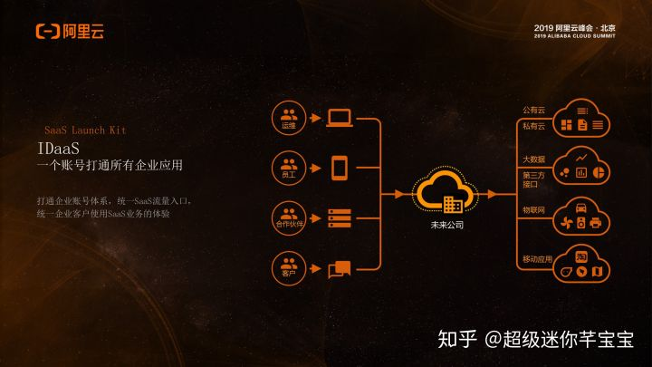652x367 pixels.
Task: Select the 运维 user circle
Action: (289, 119)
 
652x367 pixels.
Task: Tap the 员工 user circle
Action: (289, 168)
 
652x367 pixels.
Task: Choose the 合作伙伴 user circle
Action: (289, 218)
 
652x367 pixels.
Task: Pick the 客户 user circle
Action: (289, 267)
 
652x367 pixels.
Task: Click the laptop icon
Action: (340, 118)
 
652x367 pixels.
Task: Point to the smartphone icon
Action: (340, 168)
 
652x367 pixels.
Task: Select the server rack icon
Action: (340, 218)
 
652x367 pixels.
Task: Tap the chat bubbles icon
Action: (340, 268)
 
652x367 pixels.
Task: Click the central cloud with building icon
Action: (446, 192)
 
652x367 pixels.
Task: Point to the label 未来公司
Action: (446, 224)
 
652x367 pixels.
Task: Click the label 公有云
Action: (533, 111)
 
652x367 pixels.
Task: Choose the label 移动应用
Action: (536, 260)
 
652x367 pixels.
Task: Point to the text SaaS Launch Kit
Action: (85, 130)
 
